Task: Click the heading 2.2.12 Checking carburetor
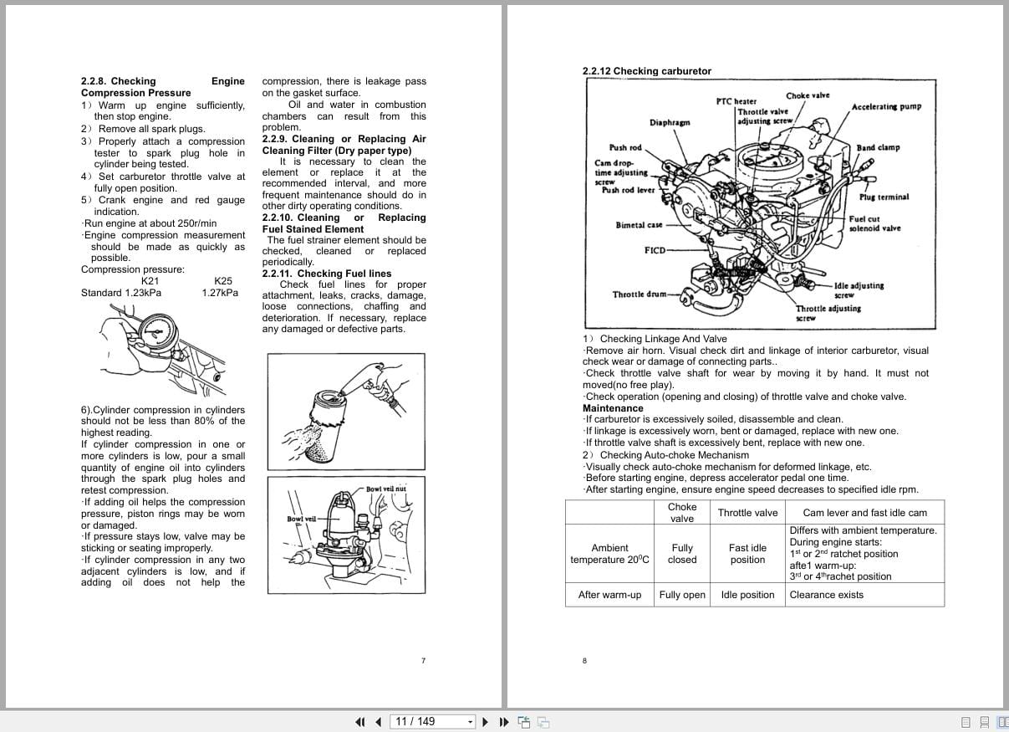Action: pyautogui.click(x=646, y=71)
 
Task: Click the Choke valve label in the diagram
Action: pyautogui.click(x=808, y=95)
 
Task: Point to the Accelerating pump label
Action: pyautogui.click(x=886, y=107)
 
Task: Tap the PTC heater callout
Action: pyautogui.click(x=736, y=101)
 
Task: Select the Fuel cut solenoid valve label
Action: pyautogui.click(x=874, y=223)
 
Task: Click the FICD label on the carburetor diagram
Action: pyautogui.click(x=655, y=250)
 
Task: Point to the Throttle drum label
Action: pyautogui.click(x=640, y=294)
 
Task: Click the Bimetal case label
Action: pyautogui.click(x=639, y=225)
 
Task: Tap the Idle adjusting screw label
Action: pyautogui.click(x=859, y=289)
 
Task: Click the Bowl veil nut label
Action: pyautogui.click(x=385, y=489)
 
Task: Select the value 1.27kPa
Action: pyautogui.click(x=220, y=293)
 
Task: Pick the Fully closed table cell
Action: pyautogui.click(x=682, y=554)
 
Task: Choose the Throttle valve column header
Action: pyautogui.click(x=747, y=513)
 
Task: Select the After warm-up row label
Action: pyautogui.click(x=609, y=595)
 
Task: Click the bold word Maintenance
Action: pyautogui.click(x=613, y=408)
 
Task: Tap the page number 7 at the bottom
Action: pyautogui.click(x=423, y=661)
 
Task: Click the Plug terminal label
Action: pyautogui.click(x=884, y=197)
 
